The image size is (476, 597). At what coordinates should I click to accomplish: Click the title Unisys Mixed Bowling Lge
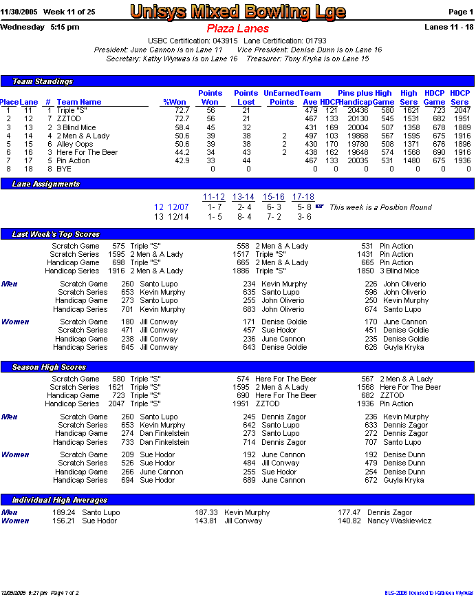pos(238,12)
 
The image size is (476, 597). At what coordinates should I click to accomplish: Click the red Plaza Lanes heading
pos(237,29)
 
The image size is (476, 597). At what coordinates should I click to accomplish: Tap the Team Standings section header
pos(43,82)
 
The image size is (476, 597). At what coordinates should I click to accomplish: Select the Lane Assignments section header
pos(46,184)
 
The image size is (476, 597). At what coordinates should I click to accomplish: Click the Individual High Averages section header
pos(60,500)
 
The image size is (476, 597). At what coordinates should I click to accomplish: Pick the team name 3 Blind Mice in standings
pos(76,127)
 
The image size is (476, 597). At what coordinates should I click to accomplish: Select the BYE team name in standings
pos(64,169)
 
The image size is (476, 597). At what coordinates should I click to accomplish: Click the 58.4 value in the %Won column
pos(182,127)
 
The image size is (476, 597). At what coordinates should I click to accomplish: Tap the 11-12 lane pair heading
pos(214,197)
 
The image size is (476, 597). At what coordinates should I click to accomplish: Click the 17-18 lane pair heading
pos(303,197)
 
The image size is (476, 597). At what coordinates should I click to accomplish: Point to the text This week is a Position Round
pos(380,207)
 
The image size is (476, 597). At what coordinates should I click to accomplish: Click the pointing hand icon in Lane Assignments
pos(320,206)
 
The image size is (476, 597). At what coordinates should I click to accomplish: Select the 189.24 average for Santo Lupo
pos(64,512)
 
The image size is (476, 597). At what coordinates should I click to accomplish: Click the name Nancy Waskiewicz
pos(400,521)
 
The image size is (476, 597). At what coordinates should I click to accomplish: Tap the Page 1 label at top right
pos(460,12)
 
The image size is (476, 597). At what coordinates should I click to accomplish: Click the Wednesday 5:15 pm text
pos(40,27)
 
